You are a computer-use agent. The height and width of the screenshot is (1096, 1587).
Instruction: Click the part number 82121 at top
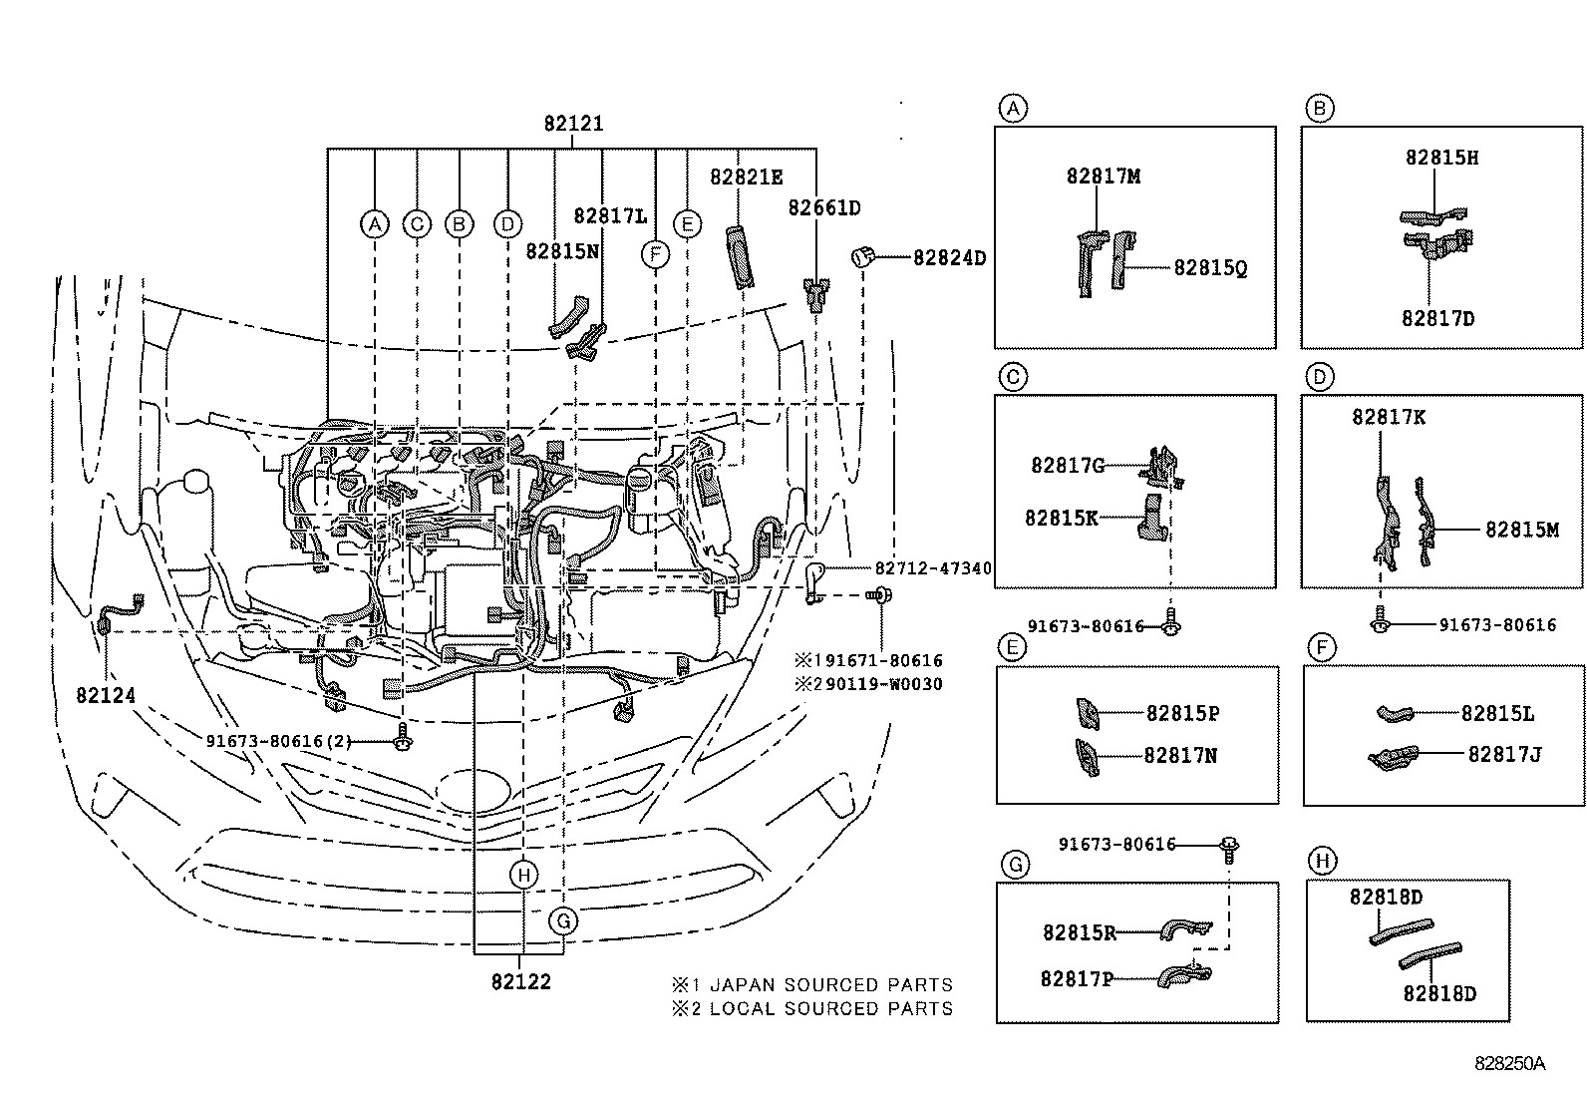click(x=573, y=125)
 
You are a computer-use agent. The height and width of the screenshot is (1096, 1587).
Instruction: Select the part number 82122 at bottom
click(x=520, y=981)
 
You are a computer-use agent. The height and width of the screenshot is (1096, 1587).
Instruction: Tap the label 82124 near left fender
click(x=106, y=694)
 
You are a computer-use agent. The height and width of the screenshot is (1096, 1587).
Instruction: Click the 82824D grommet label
click(x=949, y=258)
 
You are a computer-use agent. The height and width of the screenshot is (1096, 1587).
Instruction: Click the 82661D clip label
click(x=823, y=207)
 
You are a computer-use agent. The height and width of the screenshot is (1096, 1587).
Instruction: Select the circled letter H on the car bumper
click(x=522, y=876)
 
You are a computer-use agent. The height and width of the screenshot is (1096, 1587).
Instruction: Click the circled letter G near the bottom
click(x=563, y=920)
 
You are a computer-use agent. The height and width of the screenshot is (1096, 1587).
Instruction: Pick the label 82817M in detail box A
click(x=1103, y=176)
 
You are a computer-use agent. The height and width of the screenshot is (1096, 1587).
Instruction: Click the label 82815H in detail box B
click(x=1441, y=158)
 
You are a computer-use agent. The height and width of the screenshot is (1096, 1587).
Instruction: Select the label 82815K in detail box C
click(x=1061, y=518)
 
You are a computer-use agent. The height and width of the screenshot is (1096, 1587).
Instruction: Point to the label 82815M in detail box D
click(x=1521, y=530)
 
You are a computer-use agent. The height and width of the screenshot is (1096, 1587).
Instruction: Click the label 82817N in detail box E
click(x=1180, y=756)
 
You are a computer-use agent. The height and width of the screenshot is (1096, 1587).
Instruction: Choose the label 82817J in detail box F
click(x=1504, y=755)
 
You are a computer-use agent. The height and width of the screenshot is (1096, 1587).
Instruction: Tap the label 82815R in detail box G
click(x=1079, y=932)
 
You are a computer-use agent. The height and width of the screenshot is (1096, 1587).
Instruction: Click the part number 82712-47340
click(x=933, y=568)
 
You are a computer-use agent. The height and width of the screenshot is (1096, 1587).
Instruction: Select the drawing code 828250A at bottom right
click(x=1509, y=1063)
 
